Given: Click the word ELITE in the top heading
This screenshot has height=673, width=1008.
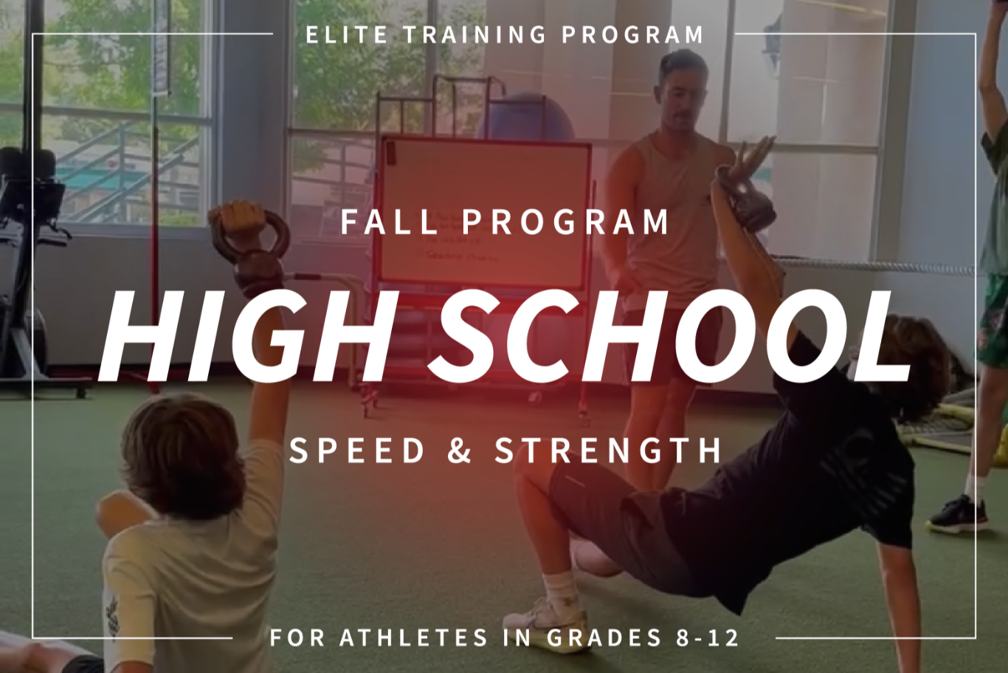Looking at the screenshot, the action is point(347,35).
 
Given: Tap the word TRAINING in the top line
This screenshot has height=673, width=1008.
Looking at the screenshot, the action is point(474,35).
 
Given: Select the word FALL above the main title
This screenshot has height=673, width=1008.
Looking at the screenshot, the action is point(389,222).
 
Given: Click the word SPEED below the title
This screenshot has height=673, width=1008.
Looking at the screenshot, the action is point(357,450).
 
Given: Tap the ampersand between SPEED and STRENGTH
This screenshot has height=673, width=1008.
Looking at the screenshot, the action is point(460,450).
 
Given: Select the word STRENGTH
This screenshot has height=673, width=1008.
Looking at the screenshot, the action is point(608,450).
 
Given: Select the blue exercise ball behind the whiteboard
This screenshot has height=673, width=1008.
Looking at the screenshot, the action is point(526,117).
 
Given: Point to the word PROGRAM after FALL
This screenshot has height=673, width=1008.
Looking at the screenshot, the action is point(566,222).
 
